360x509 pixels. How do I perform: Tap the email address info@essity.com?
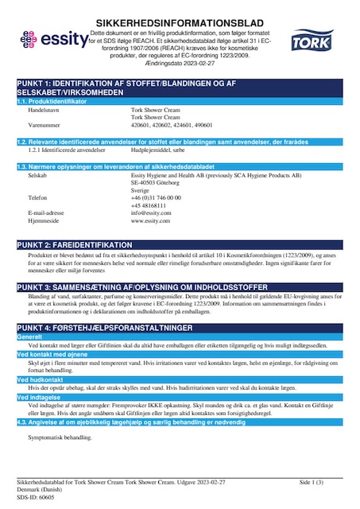150,212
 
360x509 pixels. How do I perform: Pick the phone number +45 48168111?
148,204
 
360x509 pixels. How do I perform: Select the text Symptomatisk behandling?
60,437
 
